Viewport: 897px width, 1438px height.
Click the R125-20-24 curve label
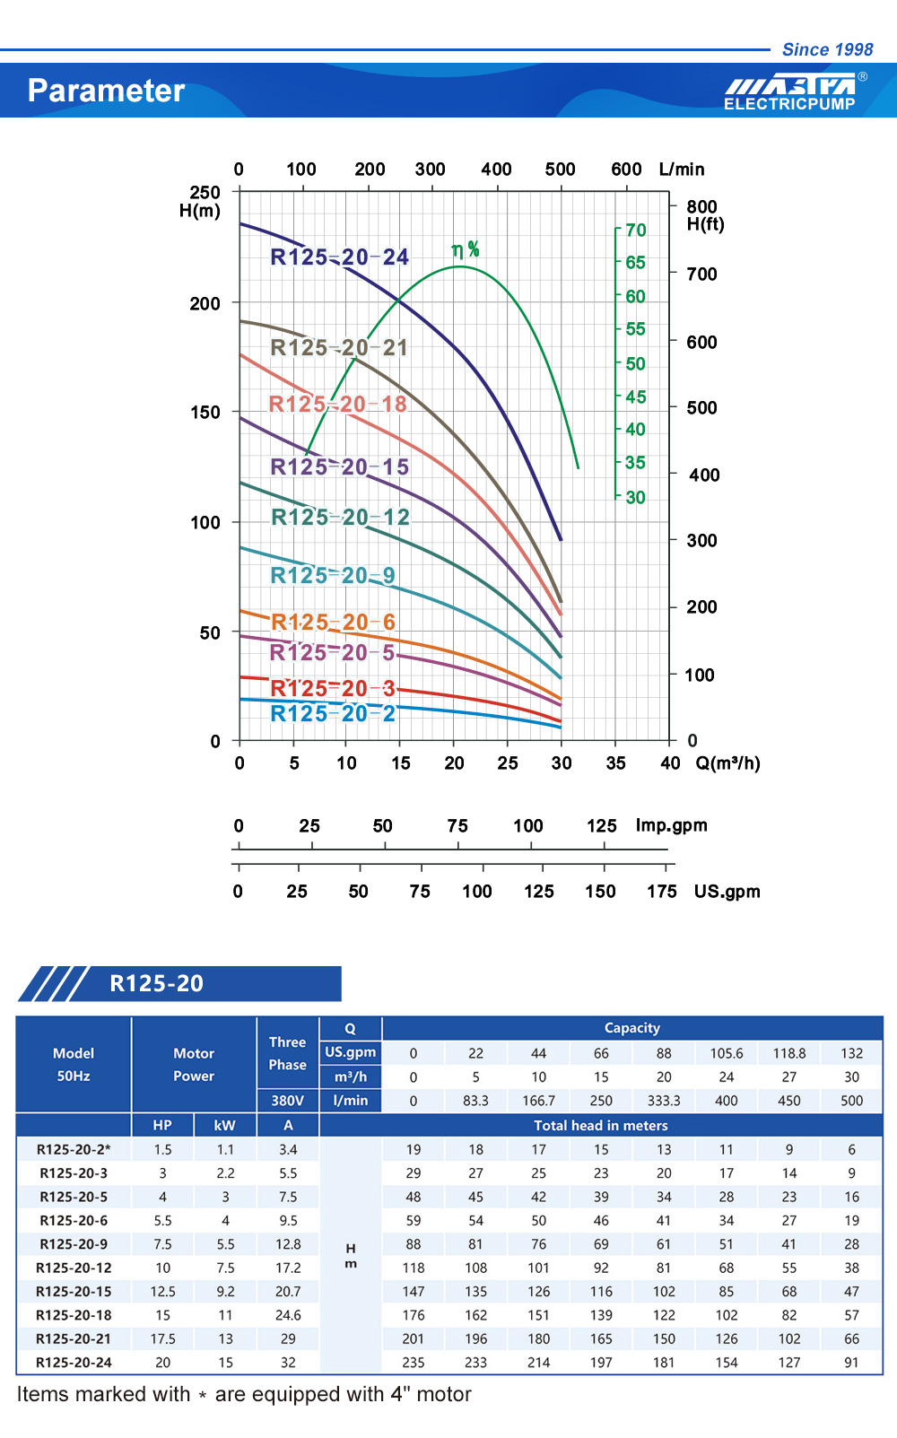tap(339, 257)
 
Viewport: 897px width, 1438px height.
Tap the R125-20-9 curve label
tap(333, 575)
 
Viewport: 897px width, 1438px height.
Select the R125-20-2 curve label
tap(333, 713)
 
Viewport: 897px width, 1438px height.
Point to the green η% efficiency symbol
tap(466, 249)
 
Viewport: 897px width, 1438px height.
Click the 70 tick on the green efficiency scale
tap(636, 231)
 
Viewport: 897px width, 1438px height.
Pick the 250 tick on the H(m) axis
tap(205, 192)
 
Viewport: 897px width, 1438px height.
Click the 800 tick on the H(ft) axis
tap(701, 206)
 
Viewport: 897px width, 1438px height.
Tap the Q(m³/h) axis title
tap(727, 763)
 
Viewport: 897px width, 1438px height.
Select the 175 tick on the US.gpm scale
tap(662, 891)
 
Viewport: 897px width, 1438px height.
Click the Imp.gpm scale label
tap(671, 825)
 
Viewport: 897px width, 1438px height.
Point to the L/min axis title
tap(682, 170)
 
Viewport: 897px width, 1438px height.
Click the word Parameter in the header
tap(106, 91)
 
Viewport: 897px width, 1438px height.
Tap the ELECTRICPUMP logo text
tap(789, 104)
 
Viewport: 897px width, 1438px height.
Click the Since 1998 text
tap(827, 49)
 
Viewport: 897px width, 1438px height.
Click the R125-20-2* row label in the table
tap(74, 1149)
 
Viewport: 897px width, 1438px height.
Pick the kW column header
tap(225, 1125)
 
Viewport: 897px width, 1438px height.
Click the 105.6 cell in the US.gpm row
tap(727, 1053)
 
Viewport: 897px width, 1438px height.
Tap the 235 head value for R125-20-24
tap(414, 1362)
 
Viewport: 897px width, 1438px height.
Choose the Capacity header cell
tap(632, 1028)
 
